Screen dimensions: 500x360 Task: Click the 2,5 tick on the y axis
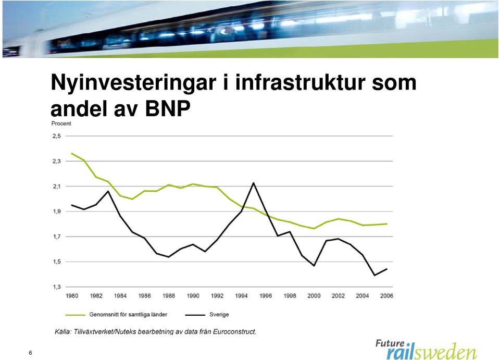56,136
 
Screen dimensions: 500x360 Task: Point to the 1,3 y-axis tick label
56,287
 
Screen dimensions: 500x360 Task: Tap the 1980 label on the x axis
72,296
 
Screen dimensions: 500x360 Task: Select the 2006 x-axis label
386,296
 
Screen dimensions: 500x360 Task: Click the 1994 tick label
241,296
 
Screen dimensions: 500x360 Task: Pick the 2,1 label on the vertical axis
56,187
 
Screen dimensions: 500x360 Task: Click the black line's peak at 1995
254,183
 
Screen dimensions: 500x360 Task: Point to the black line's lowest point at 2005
374,275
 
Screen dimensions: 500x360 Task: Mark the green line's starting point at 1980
72,153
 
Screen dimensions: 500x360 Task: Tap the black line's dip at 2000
314,266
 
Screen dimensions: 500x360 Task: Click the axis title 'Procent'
61,123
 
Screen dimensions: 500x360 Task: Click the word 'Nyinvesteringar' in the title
133,83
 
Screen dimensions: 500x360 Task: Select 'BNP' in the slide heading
168,108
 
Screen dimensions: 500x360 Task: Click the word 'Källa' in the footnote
63,332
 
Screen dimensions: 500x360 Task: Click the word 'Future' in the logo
390,343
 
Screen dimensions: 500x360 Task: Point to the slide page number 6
30,353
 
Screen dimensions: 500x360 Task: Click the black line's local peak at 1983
108,191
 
